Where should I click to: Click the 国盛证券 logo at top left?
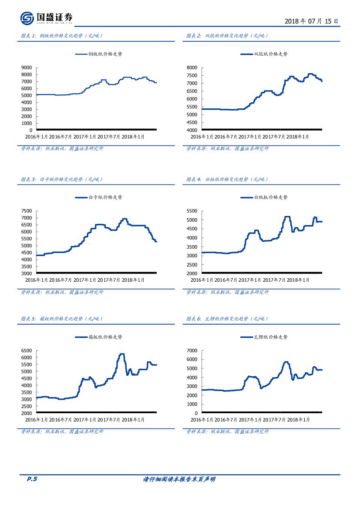click(x=46, y=18)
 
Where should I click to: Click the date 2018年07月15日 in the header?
click(x=311, y=21)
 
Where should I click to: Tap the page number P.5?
click(x=32, y=479)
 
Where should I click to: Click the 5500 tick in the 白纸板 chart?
click(x=192, y=211)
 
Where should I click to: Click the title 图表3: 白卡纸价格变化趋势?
click(x=62, y=179)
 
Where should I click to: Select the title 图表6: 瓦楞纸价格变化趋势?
click(x=227, y=319)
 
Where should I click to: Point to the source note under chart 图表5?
click(x=62, y=431)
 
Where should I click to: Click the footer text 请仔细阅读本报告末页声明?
click(x=179, y=479)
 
